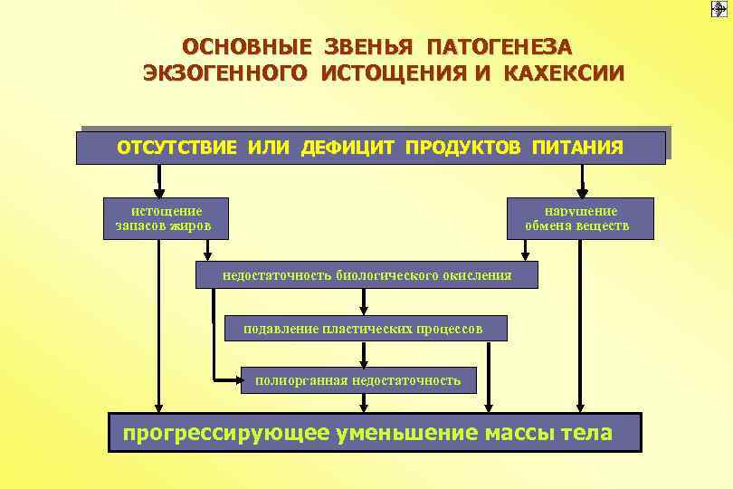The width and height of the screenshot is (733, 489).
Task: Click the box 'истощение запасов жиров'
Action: point(165,218)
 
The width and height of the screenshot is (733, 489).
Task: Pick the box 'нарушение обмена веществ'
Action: point(579,218)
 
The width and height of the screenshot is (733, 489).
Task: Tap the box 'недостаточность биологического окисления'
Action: point(366,275)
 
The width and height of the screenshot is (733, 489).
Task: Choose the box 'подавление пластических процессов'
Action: point(366,328)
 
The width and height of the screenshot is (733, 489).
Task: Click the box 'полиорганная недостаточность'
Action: point(357,380)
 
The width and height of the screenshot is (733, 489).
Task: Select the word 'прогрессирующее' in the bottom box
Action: point(226,433)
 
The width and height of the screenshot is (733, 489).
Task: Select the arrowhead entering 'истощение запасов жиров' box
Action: point(159,193)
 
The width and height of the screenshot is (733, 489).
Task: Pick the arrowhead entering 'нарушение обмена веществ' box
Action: point(580,193)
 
